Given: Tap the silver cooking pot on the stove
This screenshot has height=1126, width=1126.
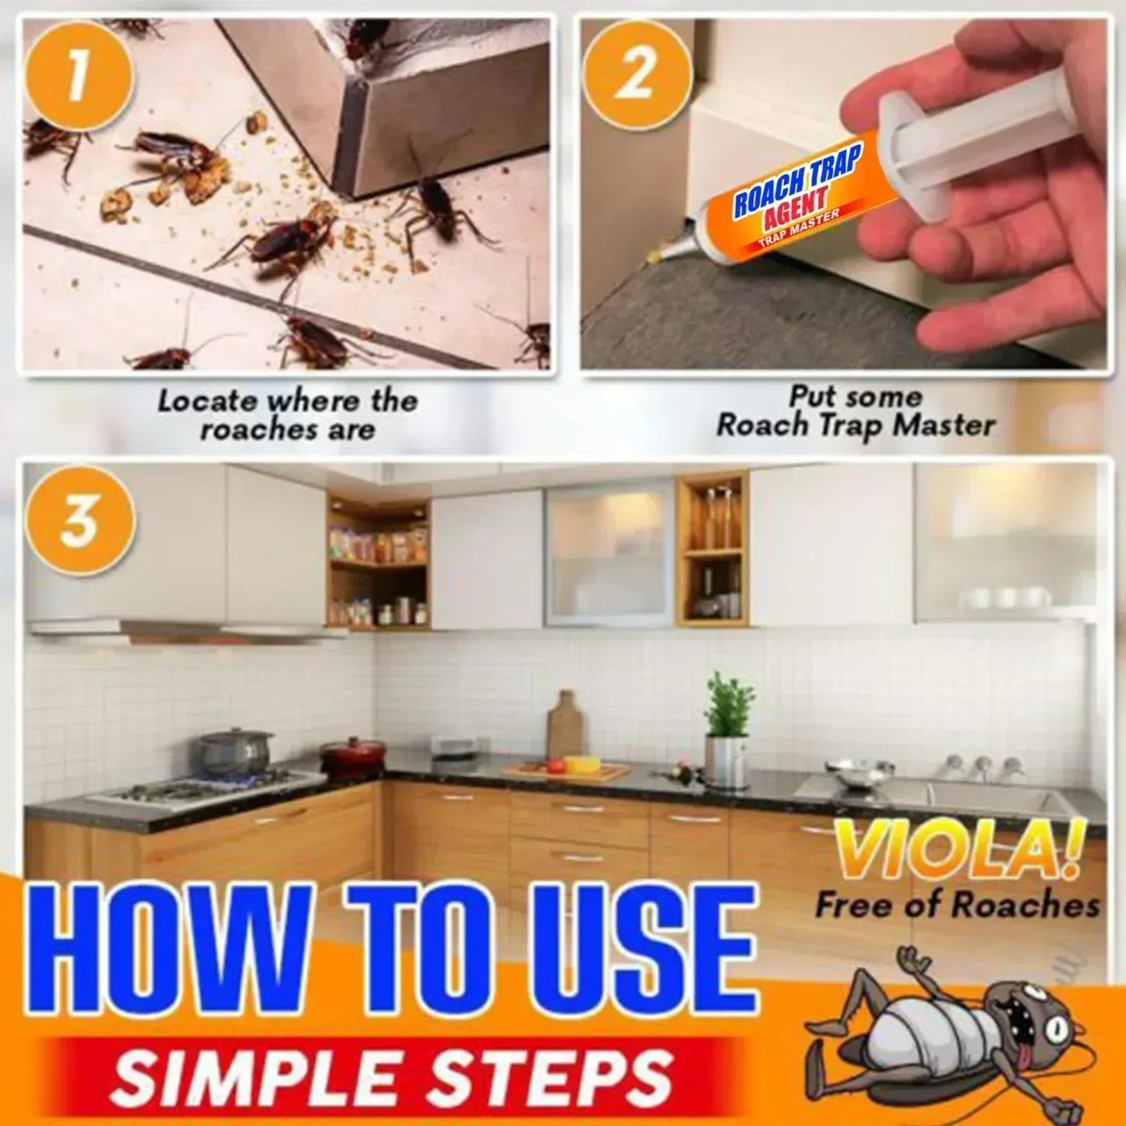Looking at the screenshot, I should [233, 750].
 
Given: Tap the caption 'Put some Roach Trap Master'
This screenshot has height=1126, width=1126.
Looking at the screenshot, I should [855, 411].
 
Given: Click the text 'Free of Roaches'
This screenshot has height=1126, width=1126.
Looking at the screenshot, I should [957, 905].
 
